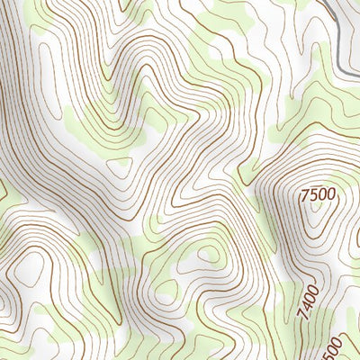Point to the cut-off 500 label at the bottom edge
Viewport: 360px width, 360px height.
tap(331, 347)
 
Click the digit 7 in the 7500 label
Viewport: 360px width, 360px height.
tap(305, 193)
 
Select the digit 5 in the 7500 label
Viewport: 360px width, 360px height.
tap(313, 193)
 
